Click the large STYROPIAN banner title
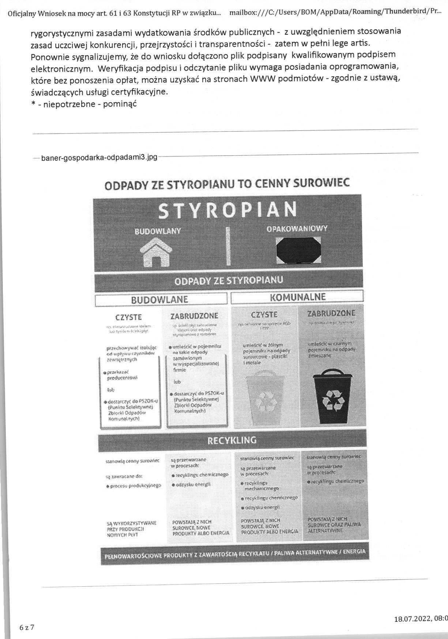(x=228, y=210)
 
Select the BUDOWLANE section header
(x=159, y=299)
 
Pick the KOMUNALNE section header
(x=297, y=297)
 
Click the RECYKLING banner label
(x=232, y=440)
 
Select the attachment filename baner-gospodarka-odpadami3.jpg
(x=99, y=157)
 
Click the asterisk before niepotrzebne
(x=33, y=104)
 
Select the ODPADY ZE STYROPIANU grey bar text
(x=229, y=281)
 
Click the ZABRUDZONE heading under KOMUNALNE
(x=331, y=313)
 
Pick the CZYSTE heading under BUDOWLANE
(x=128, y=317)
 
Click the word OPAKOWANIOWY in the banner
(x=297, y=229)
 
